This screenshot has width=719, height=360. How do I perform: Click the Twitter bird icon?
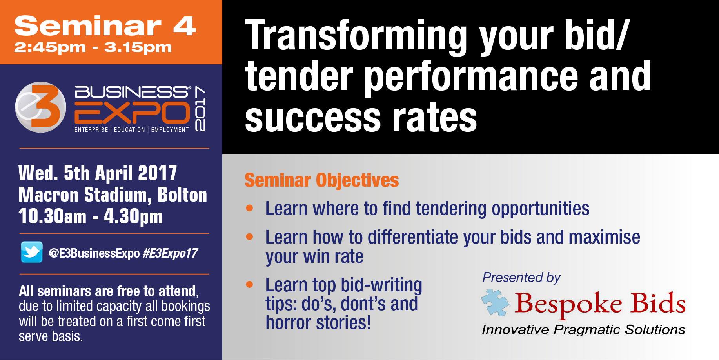[32, 252]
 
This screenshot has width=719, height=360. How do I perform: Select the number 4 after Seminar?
[184, 26]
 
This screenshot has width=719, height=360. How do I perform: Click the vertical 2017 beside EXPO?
[199, 109]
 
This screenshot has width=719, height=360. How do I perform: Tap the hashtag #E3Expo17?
[170, 253]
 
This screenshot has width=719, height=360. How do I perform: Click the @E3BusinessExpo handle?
[94, 253]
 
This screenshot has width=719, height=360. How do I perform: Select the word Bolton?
[182, 195]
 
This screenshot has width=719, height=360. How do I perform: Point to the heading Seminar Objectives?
[322, 180]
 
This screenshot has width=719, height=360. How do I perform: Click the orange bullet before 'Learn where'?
[250, 208]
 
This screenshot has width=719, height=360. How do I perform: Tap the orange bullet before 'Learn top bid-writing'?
[250, 284]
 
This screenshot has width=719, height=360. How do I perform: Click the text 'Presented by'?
[521, 278]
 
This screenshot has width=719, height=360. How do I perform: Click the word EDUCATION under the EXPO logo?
[129, 130]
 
